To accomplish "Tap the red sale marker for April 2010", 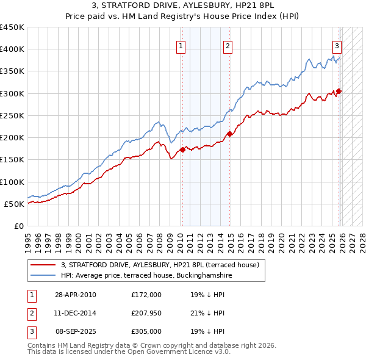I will pyautogui.click(x=182, y=149).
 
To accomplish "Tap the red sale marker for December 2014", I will pyautogui.click(x=230, y=134).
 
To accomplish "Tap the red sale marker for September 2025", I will pyautogui.click(x=339, y=92).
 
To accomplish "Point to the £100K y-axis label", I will pyautogui.click(x=12, y=182).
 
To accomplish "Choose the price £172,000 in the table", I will pyautogui.click(x=146, y=295).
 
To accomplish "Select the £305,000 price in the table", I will pyautogui.click(x=146, y=331).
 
